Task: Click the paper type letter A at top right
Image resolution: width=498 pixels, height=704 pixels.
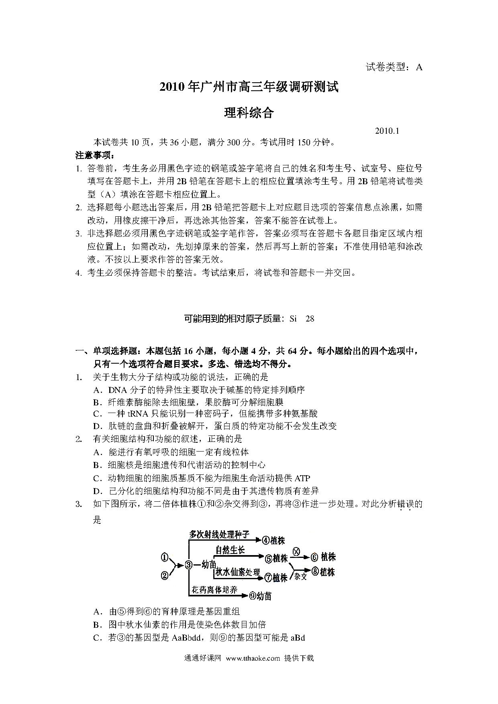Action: point(419,67)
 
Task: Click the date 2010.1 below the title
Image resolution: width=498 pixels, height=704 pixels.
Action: point(387,131)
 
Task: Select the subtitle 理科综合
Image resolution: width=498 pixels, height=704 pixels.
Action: point(249,113)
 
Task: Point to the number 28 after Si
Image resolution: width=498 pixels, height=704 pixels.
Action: point(310,319)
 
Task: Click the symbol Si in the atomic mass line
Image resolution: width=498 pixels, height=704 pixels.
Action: point(293,319)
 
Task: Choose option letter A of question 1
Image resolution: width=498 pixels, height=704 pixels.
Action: point(96,390)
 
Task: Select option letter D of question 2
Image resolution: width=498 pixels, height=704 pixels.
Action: point(96,491)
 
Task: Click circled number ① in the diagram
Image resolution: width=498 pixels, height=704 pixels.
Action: point(164,557)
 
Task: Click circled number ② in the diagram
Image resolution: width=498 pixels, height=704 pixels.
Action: point(164,576)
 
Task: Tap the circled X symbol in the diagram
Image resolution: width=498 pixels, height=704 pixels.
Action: point(296,551)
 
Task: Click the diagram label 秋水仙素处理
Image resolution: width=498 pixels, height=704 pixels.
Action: point(238,572)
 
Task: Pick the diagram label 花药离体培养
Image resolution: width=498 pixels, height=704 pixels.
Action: point(213,590)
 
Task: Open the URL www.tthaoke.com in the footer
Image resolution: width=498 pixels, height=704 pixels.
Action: point(253,658)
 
